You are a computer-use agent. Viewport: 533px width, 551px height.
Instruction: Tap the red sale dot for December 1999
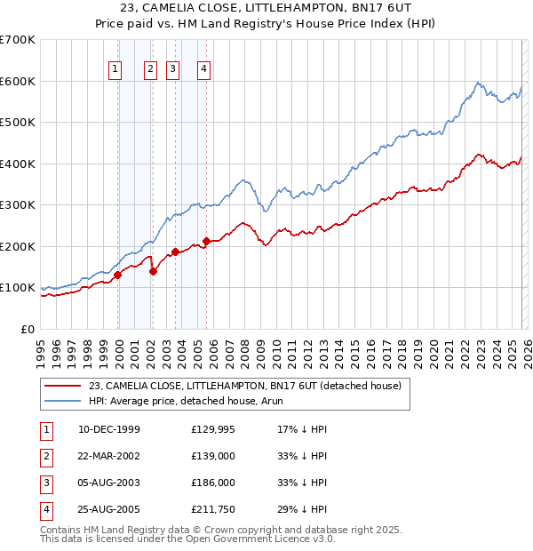pyautogui.click(x=117, y=275)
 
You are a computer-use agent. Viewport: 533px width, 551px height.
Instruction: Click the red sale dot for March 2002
pyautogui.click(x=153, y=271)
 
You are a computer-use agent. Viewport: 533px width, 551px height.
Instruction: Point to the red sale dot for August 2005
pyautogui.click(x=206, y=241)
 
